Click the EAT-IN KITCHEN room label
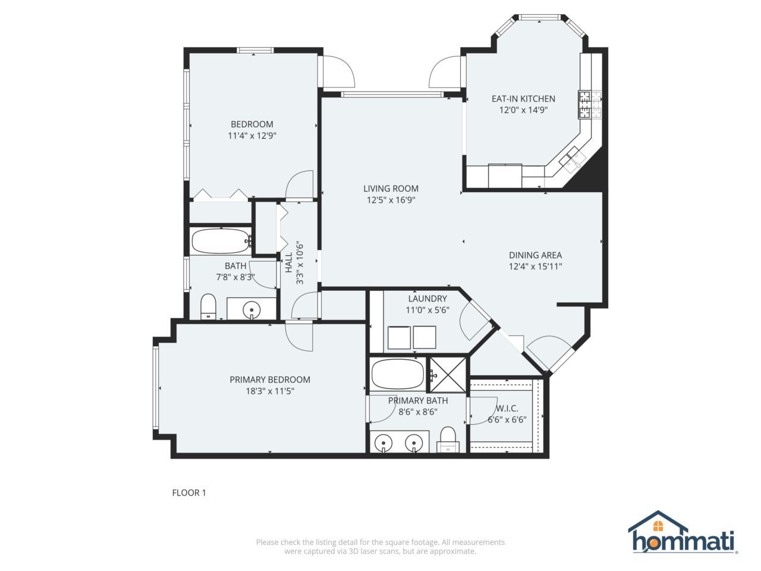(523, 99)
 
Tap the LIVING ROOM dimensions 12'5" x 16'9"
(391, 200)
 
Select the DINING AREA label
(535, 255)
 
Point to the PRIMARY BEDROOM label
(270, 379)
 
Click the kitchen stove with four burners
(589, 105)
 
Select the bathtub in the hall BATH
(221, 241)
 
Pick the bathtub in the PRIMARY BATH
(397, 374)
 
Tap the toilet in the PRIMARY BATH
(447, 439)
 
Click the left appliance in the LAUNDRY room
(399, 337)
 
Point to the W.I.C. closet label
(507, 409)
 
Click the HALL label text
(288, 263)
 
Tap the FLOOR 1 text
(188, 492)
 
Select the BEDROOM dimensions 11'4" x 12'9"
(252, 136)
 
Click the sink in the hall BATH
(253, 309)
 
